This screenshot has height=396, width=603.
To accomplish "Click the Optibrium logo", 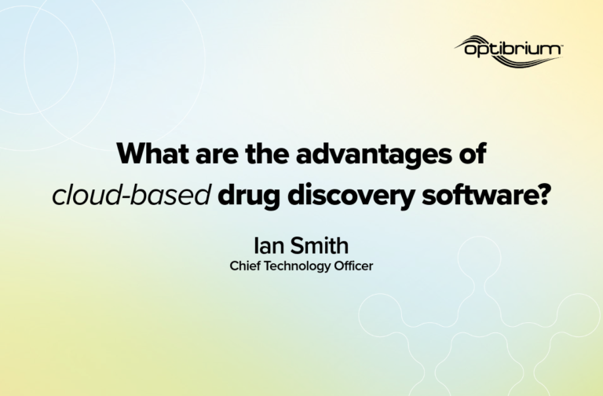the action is (x=509, y=51).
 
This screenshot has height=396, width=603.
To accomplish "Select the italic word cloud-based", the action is (x=132, y=195).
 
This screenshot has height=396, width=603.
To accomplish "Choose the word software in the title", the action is (x=478, y=195).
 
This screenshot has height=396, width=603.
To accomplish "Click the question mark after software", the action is (x=543, y=195).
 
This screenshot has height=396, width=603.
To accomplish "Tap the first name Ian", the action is (x=269, y=245).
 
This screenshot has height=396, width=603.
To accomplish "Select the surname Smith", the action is (x=320, y=245).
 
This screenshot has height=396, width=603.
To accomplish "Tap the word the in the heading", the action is (x=267, y=153).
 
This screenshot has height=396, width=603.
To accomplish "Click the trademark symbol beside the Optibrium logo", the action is (x=561, y=46).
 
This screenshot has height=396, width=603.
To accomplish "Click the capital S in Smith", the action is (x=297, y=245).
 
